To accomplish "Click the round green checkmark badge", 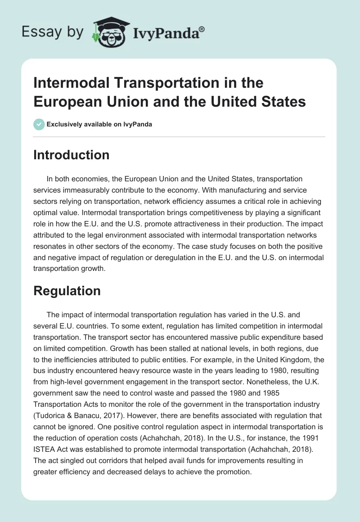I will pyautogui.click(x=39, y=124).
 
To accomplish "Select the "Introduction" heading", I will pyautogui.click(x=71, y=155).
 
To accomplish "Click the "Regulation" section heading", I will pyautogui.click(x=67, y=291).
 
